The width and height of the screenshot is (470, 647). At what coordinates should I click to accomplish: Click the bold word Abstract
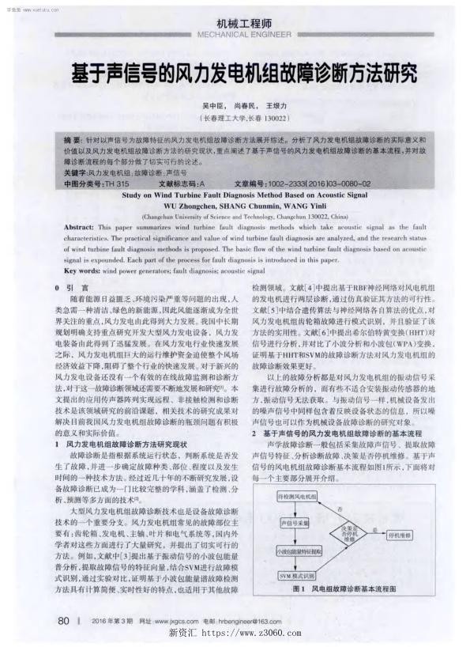click(x=78, y=225)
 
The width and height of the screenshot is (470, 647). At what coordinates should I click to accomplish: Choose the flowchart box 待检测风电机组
click(x=297, y=496)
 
